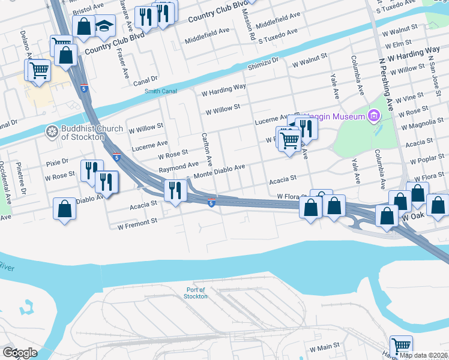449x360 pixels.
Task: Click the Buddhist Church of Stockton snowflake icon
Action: click(52, 131)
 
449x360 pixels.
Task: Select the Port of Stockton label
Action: click(196, 293)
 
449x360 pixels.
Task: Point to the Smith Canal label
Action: click(157, 91)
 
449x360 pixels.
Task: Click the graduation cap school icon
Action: click(105, 26)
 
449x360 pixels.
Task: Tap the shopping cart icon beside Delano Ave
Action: click(38, 69)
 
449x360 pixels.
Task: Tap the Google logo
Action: click(19, 353)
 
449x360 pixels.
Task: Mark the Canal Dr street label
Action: click(145, 79)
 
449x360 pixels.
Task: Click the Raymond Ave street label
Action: click(178, 166)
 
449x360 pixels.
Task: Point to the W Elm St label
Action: click(399, 43)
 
